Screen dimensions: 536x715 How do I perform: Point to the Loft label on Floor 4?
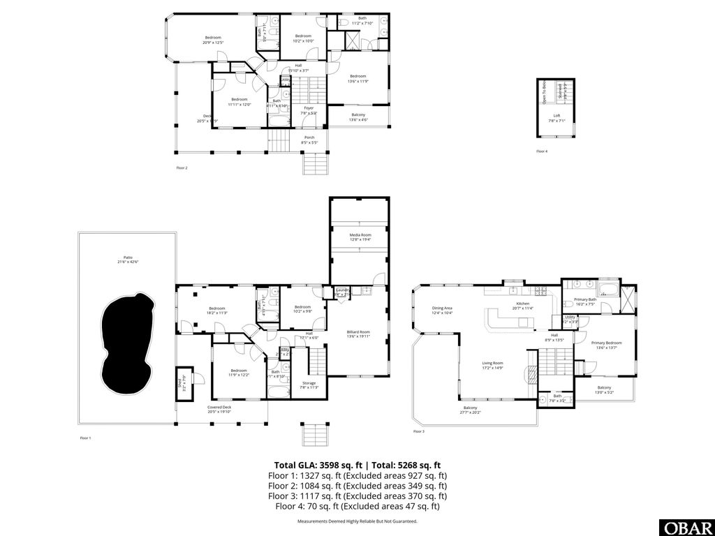(556, 117)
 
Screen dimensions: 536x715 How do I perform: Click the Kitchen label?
(523, 305)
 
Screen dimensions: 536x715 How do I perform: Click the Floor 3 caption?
(418, 432)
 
